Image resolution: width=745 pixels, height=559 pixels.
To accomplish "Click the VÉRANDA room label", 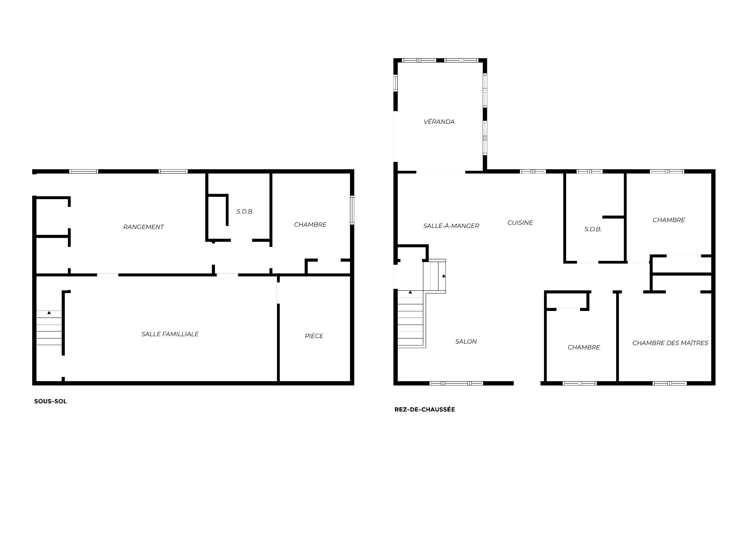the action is (439, 122).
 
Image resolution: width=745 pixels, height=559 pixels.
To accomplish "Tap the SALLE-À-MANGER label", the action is (451, 226).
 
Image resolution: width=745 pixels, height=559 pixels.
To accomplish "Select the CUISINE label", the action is (520, 222).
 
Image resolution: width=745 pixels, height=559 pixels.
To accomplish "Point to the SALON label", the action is (466, 341).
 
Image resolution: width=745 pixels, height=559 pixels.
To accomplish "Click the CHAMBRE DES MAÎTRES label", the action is (670, 343).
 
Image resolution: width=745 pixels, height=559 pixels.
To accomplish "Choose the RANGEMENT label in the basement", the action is (144, 227).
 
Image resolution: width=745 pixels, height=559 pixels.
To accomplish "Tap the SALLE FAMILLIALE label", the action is (170, 334).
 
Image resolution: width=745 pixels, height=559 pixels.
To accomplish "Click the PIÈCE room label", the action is (314, 336).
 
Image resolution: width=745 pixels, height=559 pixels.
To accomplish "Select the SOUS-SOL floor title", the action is (50, 401).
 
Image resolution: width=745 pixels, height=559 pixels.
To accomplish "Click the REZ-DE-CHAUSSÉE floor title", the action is (424, 409).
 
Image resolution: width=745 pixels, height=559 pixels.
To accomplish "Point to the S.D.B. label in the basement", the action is (245, 212).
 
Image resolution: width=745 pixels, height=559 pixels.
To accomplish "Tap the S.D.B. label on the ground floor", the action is (593, 229).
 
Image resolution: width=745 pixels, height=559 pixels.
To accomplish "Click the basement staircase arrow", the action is (49, 312).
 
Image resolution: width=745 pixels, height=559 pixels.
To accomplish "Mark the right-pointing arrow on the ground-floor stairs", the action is (444, 276).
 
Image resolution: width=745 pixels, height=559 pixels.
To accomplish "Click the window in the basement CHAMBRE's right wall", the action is (352, 210).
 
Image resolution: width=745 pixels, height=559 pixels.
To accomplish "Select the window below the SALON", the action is (456, 383).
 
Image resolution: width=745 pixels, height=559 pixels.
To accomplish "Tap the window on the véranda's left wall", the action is (396, 83).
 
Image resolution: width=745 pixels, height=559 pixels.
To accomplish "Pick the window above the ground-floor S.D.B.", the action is (589, 171).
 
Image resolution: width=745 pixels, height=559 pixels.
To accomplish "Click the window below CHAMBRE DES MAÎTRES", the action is (670, 383).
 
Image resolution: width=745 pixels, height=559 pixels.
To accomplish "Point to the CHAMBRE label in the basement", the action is (310, 224).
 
